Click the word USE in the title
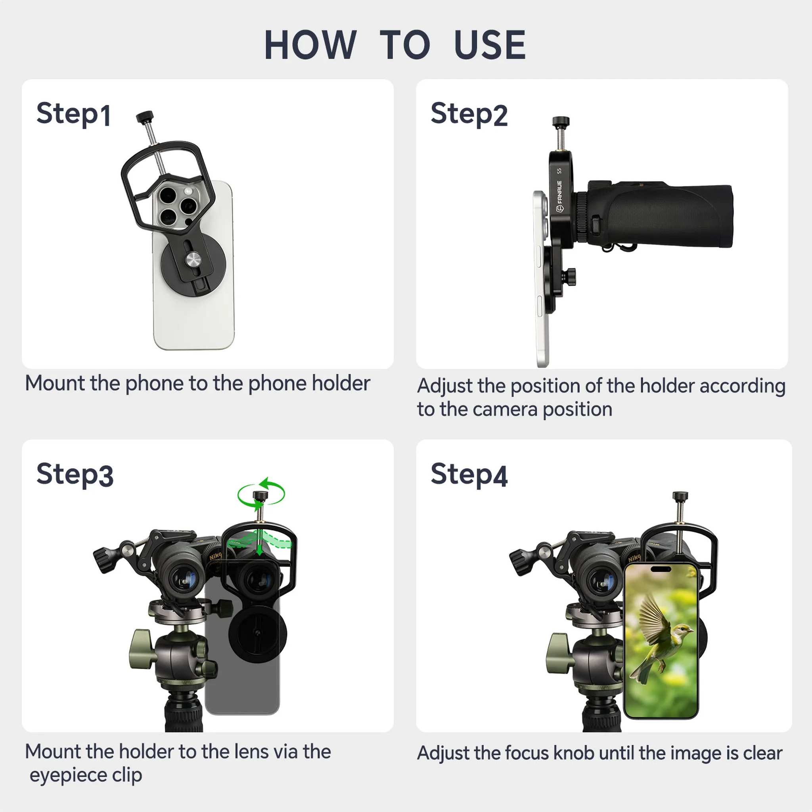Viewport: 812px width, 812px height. click(490, 45)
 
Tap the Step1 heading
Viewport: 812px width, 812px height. click(74, 114)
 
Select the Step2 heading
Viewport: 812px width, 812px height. click(469, 114)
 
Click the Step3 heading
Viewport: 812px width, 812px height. click(75, 475)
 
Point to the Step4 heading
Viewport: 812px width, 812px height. click(469, 475)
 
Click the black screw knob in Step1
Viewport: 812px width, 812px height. click(145, 117)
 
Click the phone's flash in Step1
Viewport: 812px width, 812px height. click(188, 191)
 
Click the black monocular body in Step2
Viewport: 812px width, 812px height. click(664, 214)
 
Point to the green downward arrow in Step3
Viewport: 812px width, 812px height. click(260, 546)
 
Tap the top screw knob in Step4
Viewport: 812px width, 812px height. click(680, 496)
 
